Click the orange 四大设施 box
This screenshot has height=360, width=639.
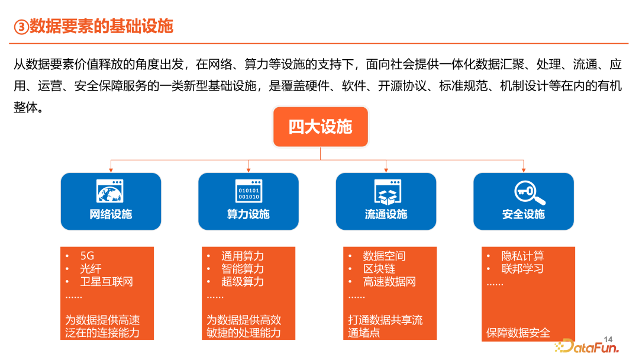pyautogui.click(x=320, y=127)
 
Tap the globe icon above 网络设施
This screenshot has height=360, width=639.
pyautogui.click(x=110, y=191)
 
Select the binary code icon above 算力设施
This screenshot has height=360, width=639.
pyautogui.click(x=248, y=191)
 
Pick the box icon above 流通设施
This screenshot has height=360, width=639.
pyautogui.click(x=388, y=192)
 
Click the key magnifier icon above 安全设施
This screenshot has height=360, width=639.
pyautogui.click(x=530, y=192)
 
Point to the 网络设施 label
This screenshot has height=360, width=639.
pyautogui.click(x=111, y=214)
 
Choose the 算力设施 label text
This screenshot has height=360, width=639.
pyautogui.click(x=248, y=214)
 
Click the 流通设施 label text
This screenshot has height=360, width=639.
pyautogui.click(x=386, y=214)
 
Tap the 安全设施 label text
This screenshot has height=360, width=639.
pyautogui.click(x=523, y=214)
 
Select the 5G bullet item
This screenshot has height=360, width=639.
pyautogui.click(x=87, y=256)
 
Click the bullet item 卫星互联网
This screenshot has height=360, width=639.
pyautogui.click(x=106, y=282)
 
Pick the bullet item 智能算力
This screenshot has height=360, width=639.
pyautogui.click(x=243, y=269)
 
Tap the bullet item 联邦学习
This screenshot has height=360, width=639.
pyautogui.click(x=522, y=269)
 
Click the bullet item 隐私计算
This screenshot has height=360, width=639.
pyautogui.click(x=522, y=256)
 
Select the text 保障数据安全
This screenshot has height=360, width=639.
pyautogui.click(x=518, y=333)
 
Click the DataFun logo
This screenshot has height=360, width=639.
pyautogui.click(x=587, y=346)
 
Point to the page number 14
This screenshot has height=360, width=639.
pyautogui.click(x=608, y=339)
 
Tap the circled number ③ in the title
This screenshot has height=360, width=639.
pyautogui.click(x=21, y=27)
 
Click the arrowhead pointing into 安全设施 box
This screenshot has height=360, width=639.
pyautogui.click(x=524, y=169)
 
